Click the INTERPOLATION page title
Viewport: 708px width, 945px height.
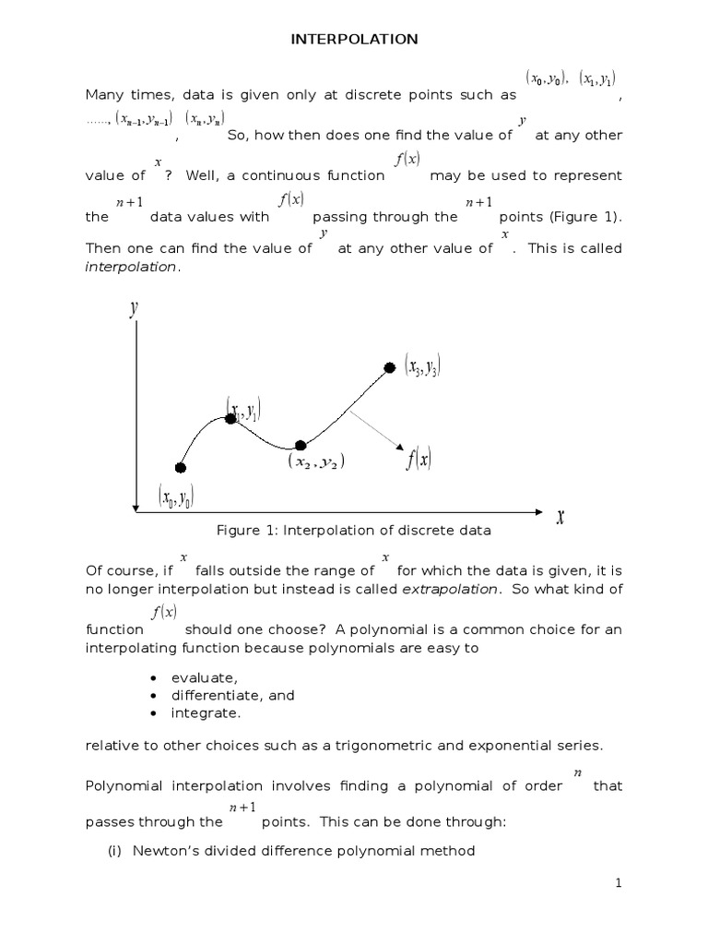tap(354, 39)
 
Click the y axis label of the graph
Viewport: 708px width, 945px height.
tap(135, 308)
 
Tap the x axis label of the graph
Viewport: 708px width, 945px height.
tap(560, 517)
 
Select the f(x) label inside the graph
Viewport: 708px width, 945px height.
tap(419, 458)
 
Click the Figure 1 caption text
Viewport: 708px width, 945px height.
tap(354, 531)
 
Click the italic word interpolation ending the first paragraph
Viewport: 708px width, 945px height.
tap(130, 267)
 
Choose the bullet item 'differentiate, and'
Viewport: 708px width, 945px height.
tap(232, 695)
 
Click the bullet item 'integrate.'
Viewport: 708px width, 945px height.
tap(206, 713)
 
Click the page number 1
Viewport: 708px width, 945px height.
tap(619, 884)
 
